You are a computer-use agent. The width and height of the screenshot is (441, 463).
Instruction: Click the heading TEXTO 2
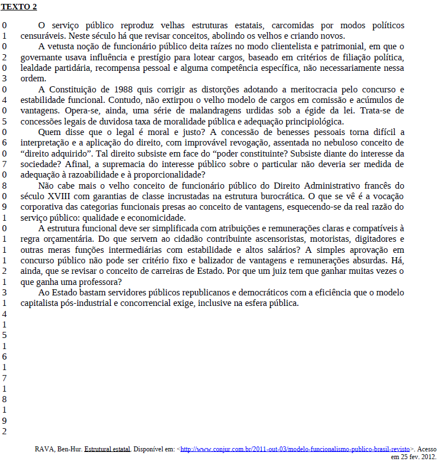pos(19,7)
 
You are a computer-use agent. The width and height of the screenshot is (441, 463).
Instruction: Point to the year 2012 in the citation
pos(428,457)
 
